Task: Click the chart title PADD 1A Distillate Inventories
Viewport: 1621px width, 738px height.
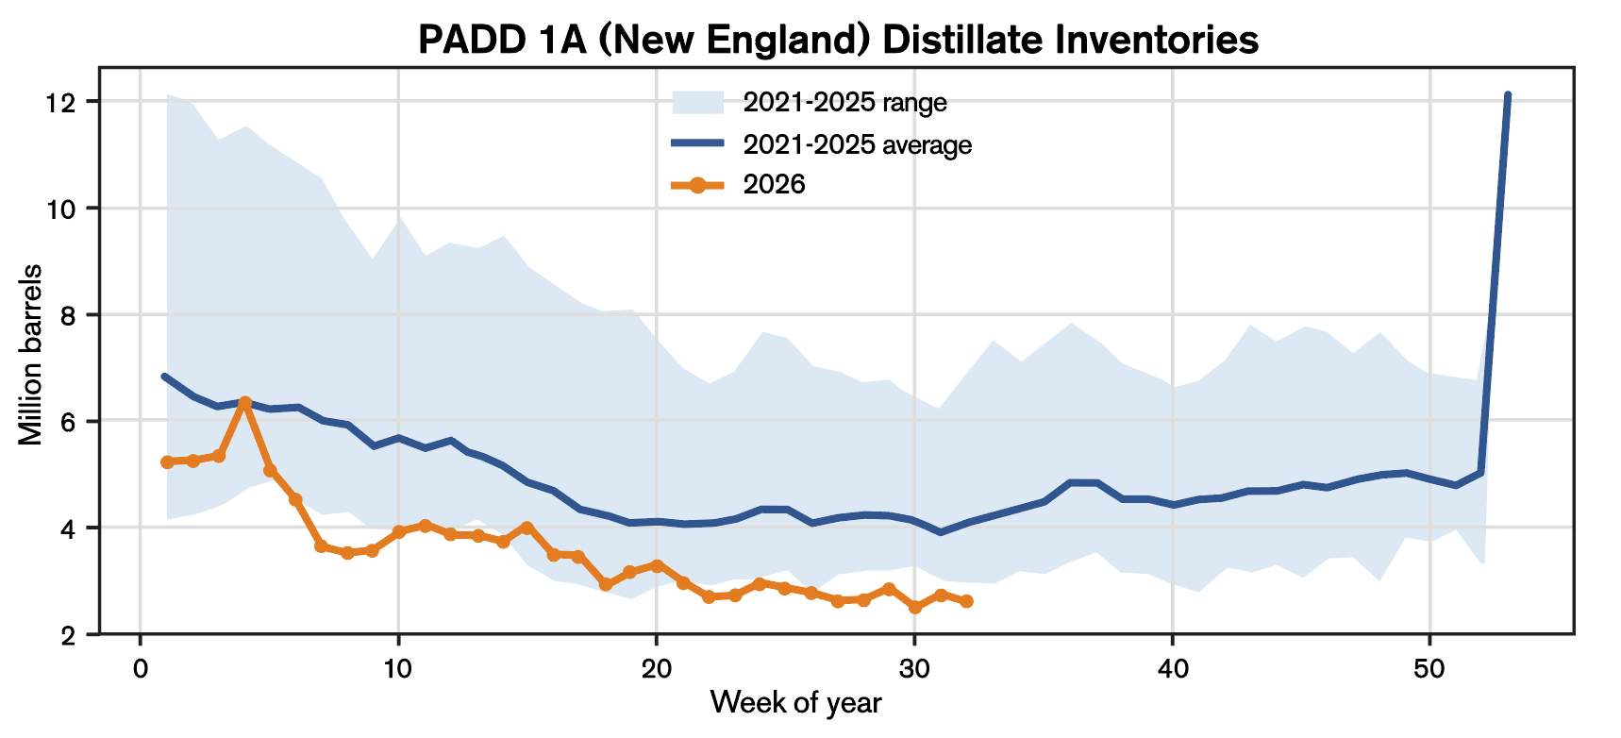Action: (838, 40)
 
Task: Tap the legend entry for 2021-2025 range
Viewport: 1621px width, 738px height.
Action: (809, 102)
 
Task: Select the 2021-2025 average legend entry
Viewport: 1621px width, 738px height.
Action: (821, 144)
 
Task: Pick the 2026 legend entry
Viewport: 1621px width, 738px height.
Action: (738, 184)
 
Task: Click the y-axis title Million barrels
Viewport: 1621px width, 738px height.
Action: (30, 353)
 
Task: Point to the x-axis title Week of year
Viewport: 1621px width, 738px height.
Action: (795, 702)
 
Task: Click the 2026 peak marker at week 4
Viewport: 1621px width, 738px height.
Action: (244, 402)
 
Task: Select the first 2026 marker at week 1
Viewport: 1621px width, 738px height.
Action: (167, 462)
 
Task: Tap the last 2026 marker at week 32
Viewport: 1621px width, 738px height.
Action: (966, 601)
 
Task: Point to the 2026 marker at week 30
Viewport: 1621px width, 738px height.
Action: (914, 608)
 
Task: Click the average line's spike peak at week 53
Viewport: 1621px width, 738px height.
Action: (1508, 95)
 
